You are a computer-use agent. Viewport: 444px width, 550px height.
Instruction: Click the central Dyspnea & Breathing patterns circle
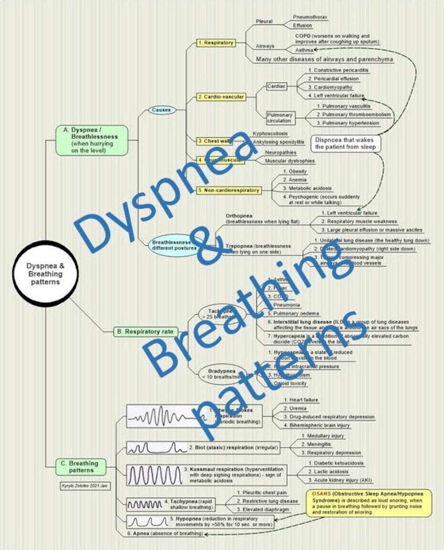tap(45, 274)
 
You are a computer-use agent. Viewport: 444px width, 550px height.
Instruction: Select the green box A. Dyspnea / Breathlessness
tap(92, 140)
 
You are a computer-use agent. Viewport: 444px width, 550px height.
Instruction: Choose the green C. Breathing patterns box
tap(81, 466)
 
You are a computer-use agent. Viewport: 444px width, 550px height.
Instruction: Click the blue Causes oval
tap(161, 110)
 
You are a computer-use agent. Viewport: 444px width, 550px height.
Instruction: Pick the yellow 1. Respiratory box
tap(216, 43)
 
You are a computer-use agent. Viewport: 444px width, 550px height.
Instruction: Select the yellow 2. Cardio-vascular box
tap(221, 96)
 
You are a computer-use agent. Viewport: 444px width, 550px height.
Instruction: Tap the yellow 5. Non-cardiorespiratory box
tap(229, 190)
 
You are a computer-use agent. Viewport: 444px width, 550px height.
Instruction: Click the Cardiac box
tap(276, 86)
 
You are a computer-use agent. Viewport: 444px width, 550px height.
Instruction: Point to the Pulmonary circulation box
tap(280, 118)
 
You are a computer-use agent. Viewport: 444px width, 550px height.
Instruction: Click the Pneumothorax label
tap(310, 17)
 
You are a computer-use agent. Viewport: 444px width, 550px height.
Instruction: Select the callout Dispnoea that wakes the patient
tap(345, 143)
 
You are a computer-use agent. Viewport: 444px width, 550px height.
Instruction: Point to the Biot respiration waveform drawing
tap(156, 448)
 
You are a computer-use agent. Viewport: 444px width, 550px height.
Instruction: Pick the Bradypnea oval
tap(222, 374)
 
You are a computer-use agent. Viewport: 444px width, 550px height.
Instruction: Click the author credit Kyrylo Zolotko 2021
tap(85, 486)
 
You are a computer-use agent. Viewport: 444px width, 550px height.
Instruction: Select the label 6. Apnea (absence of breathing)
tap(165, 534)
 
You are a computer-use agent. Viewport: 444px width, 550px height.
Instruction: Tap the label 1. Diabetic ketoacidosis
tap(336, 463)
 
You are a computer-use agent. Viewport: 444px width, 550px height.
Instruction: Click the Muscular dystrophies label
tap(290, 161)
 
